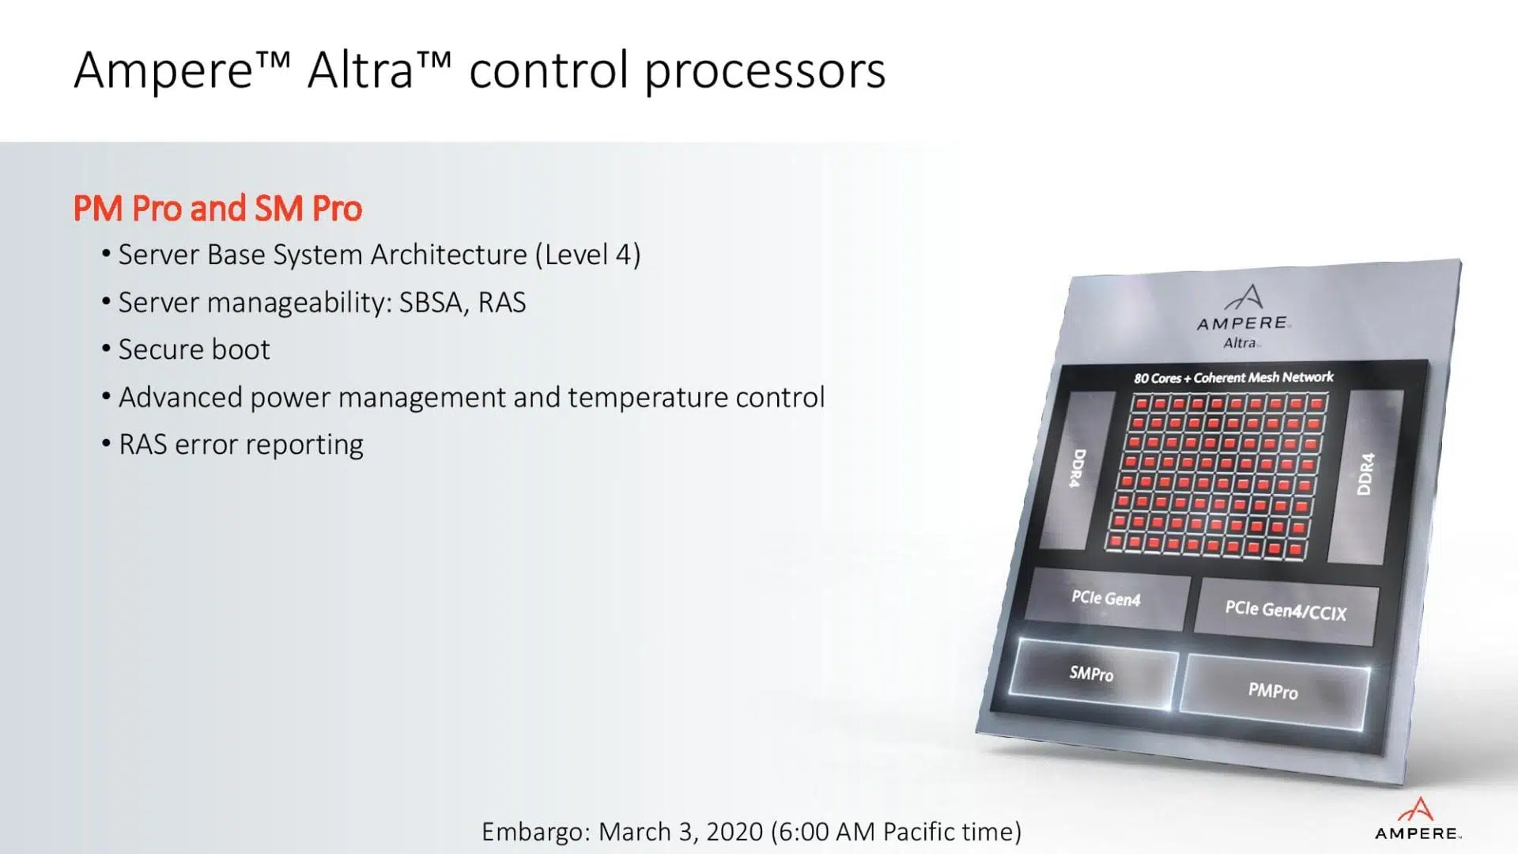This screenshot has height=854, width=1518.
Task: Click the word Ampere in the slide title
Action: click(x=163, y=71)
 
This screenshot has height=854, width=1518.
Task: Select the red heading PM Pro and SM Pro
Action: click(x=217, y=209)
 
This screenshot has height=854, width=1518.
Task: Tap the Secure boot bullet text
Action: click(x=194, y=350)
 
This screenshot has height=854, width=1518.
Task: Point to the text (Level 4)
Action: click(x=587, y=255)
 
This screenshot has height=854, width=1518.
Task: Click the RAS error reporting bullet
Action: click(x=241, y=444)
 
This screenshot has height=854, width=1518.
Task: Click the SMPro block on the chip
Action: click(x=1092, y=674)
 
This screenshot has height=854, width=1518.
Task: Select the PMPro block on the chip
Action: click(x=1274, y=691)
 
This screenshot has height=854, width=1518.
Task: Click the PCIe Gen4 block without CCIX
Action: click(x=1106, y=599)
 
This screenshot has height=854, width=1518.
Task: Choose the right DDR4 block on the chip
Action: click(x=1365, y=474)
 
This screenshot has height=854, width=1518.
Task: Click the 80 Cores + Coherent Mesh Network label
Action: click(x=1233, y=377)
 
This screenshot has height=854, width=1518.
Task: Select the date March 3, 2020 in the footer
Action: click(x=681, y=832)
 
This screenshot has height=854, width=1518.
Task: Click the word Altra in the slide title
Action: click(x=361, y=71)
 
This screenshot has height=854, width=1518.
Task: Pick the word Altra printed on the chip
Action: click(x=1240, y=343)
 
